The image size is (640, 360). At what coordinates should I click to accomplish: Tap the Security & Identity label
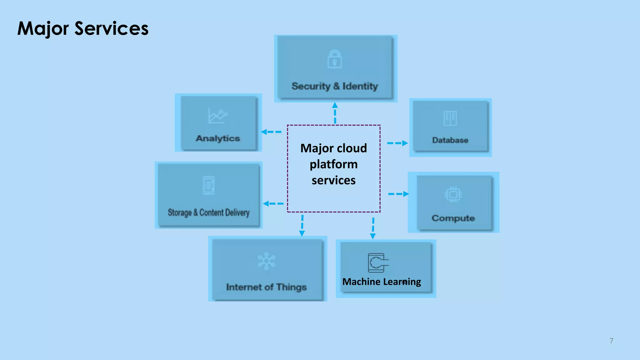[x=335, y=86]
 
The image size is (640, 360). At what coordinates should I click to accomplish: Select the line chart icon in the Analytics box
[x=218, y=116]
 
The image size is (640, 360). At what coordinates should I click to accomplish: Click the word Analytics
[x=218, y=138]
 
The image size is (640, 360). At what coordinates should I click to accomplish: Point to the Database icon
[x=450, y=118]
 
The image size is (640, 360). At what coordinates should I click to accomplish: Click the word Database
[x=450, y=140]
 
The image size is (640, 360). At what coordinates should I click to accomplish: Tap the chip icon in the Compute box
[x=453, y=195]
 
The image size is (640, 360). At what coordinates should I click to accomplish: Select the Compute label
[x=453, y=218]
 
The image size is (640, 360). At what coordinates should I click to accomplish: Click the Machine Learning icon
[x=378, y=262]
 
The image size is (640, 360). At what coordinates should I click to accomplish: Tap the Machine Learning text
[x=382, y=282]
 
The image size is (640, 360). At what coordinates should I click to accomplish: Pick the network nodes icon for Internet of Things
[x=266, y=261]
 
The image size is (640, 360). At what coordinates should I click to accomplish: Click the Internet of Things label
[x=266, y=287]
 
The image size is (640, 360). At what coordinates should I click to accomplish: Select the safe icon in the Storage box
[x=209, y=186]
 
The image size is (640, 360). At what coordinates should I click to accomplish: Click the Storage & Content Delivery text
[x=208, y=212]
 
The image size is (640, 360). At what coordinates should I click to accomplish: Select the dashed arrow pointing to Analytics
[x=271, y=132]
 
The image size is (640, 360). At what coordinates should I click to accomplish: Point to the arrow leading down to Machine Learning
[x=373, y=228]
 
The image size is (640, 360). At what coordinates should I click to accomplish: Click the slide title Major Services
[x=83, y=28]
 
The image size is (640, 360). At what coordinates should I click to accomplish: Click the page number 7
[x=611, y=341]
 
